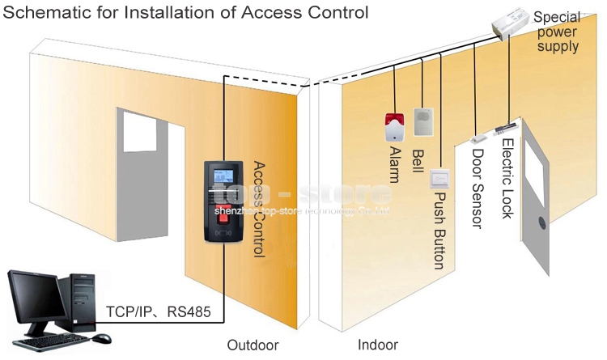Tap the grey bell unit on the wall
[424, 122]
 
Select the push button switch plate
[440, 178]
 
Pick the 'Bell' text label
[418, 159]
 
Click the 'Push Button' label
[439, 230]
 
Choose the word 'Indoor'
[378, 345]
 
